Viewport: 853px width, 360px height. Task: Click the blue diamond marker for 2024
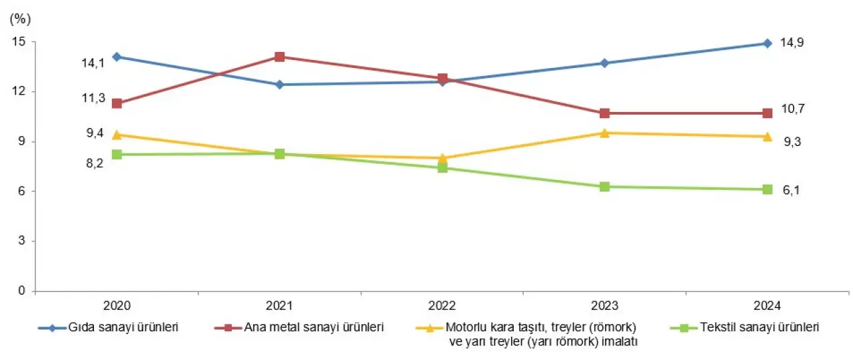click(767, 43)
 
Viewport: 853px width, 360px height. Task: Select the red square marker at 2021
click(280, 57)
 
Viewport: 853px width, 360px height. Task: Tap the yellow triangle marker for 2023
click(604, 133)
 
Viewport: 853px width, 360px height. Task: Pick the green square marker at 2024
click(767, 189)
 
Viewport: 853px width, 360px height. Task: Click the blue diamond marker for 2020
click(117, 57)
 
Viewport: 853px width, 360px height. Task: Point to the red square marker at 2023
click(604, 113)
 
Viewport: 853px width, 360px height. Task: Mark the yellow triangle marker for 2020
click(117, 135)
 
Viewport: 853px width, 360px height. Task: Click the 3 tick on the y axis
click(23, 241)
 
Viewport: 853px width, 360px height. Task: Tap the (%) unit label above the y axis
click(20, 19)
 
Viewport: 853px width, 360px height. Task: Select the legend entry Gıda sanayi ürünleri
click(123, 327)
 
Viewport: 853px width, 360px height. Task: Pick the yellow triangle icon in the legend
click(430, 328)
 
